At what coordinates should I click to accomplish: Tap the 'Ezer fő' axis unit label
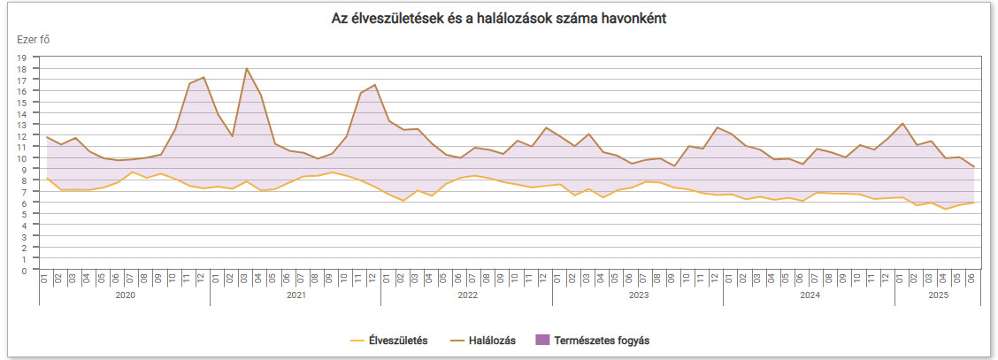coord(33,38)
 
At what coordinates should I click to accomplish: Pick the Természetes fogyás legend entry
coord(602,340)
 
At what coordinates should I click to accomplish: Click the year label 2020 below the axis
coord(125,295)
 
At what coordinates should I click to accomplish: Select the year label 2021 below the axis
coord(296,295)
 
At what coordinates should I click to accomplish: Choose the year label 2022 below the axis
coord(467,295)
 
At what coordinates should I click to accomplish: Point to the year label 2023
coord(638,295)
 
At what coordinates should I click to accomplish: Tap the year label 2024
coord(810,295)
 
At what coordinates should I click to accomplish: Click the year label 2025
coord(938,295)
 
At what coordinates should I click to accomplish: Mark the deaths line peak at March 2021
coord(246,68)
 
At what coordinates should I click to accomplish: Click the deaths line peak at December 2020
coord(203,77)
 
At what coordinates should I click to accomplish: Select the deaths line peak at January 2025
coord(902,124)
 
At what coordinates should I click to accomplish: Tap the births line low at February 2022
coord(403,201)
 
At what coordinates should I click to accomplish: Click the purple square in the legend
coord(542,340)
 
